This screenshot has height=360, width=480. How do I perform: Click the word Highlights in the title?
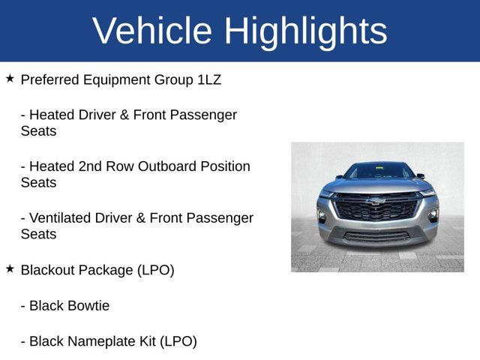[305, 31]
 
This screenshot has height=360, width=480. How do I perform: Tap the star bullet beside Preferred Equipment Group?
[10, 78]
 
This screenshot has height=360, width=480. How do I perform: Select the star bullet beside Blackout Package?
[10, 268]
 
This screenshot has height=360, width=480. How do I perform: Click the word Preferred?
[48, 79]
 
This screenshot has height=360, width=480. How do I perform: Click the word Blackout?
[49, 270]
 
